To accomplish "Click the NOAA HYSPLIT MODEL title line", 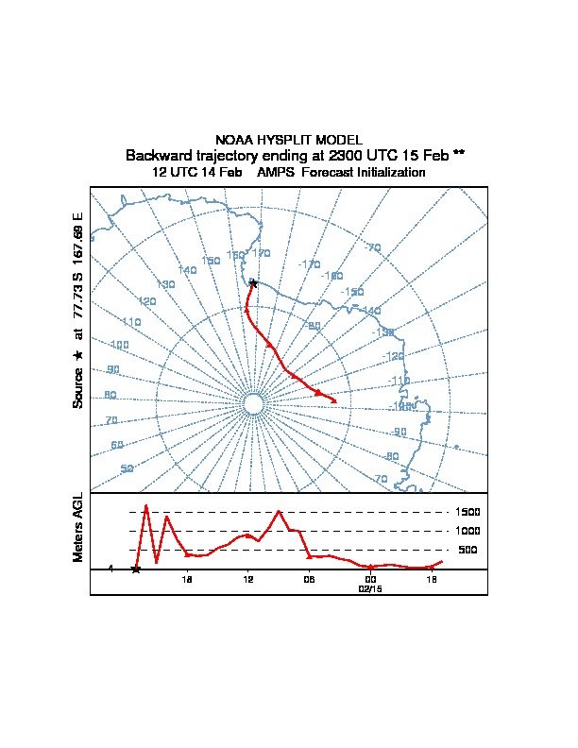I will (x=288, y=140).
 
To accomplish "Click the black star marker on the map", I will (x=253, y=282).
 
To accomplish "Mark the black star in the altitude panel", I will (x=136, y=569).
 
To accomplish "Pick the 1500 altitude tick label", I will (x=468, y=512).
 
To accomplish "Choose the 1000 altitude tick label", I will (x=468, y=531).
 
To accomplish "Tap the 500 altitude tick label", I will (x=467, y=550).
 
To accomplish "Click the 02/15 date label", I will (x=370, y=587).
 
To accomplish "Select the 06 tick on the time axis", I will (x=309, y=579).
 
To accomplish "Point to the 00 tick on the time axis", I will (x=370, y=579).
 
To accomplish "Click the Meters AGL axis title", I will (x=78, y=527).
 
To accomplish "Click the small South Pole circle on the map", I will (x=253, y=404).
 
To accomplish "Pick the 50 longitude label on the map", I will (x=127, y=468).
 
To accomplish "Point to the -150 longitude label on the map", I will (x=352, y=292).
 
